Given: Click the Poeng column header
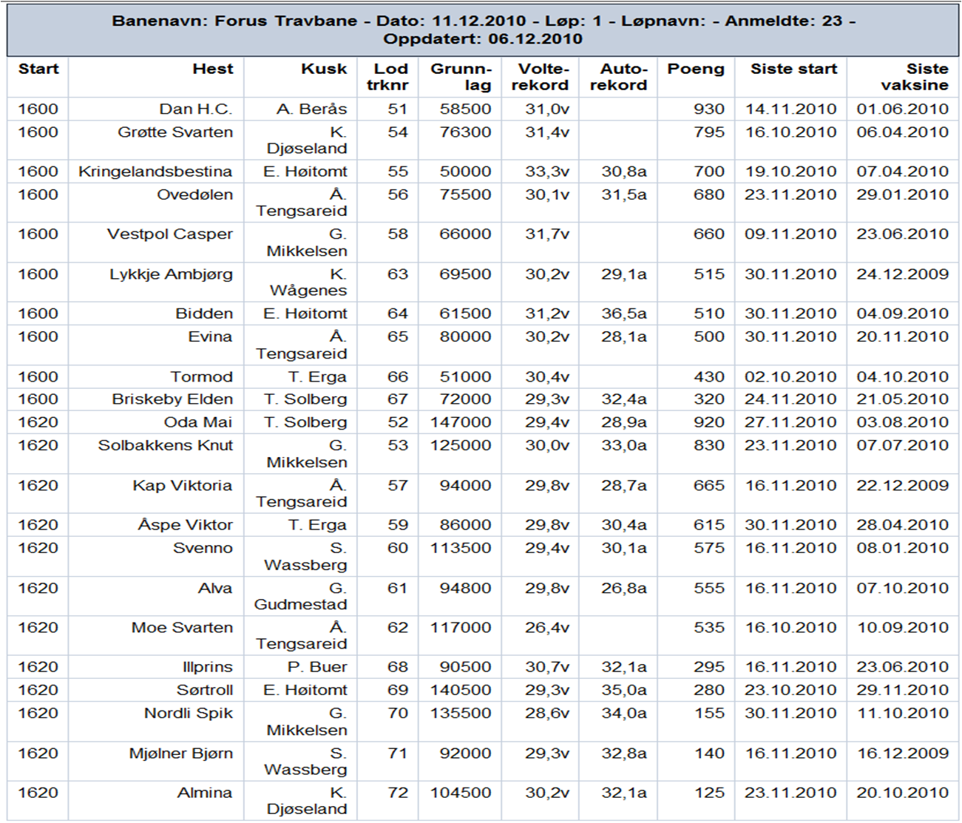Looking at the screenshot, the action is coord(696,69).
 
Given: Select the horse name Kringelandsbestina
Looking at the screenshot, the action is coord(155,172).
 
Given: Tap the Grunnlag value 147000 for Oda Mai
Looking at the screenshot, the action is coord(460,422).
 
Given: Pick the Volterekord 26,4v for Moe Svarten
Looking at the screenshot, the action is coord(547,628).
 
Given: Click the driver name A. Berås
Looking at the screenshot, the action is coord(311,109).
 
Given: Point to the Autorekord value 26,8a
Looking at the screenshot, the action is coord(623,588).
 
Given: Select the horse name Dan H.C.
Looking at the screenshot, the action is coord(195,109).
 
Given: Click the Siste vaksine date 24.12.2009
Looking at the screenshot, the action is coord(902,274).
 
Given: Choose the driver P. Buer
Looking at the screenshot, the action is coord(317,667).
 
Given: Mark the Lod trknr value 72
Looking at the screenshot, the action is coord(398,793).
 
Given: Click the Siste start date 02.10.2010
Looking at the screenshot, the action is coord(790,376).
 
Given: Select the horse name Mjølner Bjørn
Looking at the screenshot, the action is coord(181,753).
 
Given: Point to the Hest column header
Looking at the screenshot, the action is coord(213,69).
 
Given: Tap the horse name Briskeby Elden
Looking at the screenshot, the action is coord(172,399).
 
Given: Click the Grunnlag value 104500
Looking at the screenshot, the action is coord(460,793).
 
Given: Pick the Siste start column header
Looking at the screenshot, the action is coord(793,69).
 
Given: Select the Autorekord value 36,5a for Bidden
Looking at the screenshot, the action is coord(623,314).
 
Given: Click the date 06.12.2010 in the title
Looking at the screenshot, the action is coord(535,38).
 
